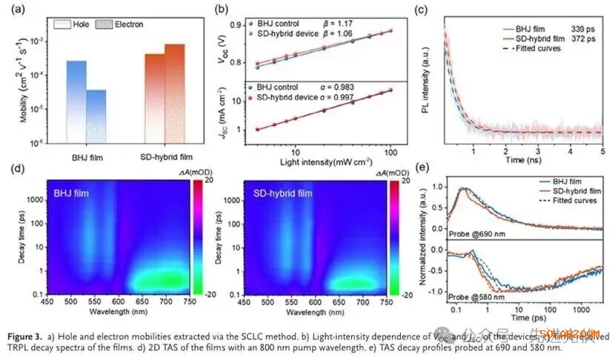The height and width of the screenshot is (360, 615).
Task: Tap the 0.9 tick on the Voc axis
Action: pyautogui.click(x=239, y=26)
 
